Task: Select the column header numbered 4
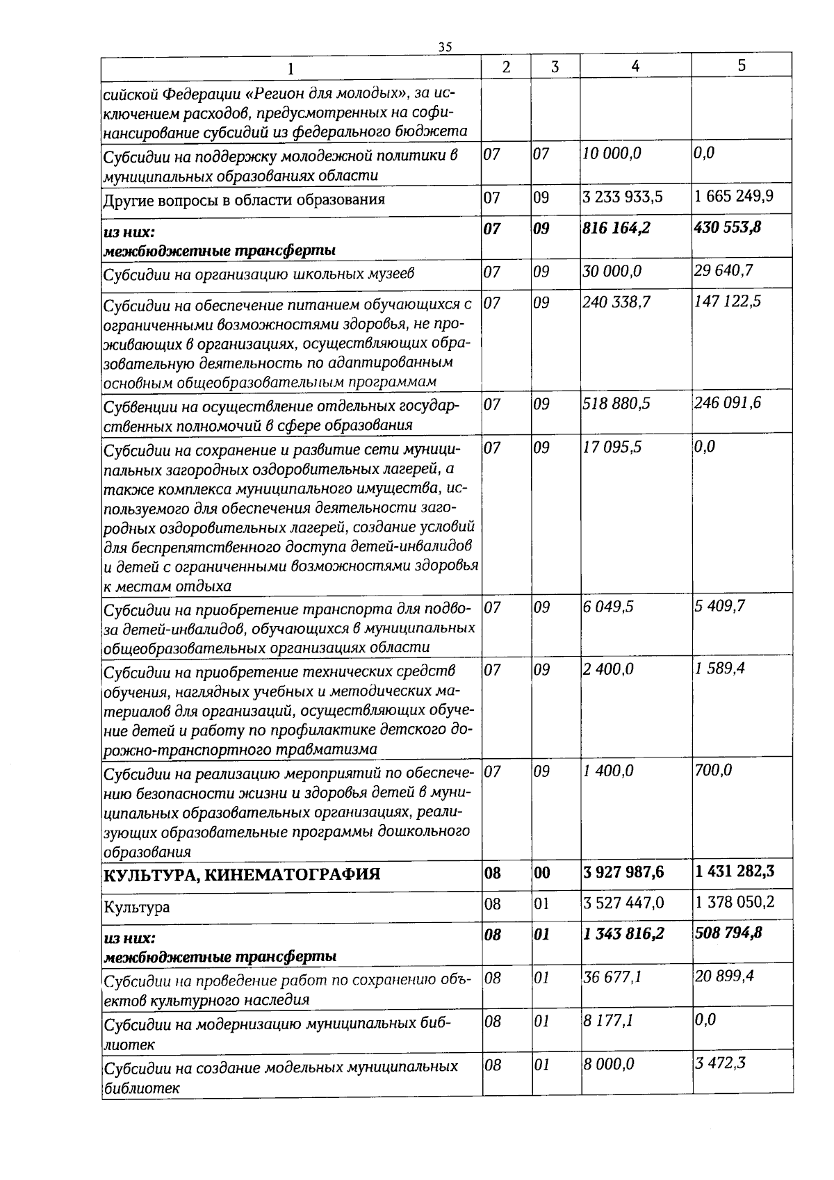pyautogui.click(x=635, y=65)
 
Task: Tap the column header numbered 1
pyautogui.click(x=291, y=68)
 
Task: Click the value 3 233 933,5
pyautogui.click(x=623, y=197)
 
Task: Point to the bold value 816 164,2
pyautogui.click(x=616, y=228)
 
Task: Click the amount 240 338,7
pyautogui.click(x=616, y=302)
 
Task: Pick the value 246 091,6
pyautogui.click(x=728, y=403)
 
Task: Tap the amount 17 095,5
pyautogui.click(x=612, y=447)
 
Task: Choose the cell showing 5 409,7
pyautogui.click(x=719, y=607)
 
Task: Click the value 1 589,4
pyautogui.click(x=719, y=669)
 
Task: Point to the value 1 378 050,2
pyautogui.click(x=735, y=903)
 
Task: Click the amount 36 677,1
pyautogui.click(x=612, y=978)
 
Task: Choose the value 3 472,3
pyautogui.click(x=720, y=1064)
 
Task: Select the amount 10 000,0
pyautogui.click(x=612, y=154)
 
